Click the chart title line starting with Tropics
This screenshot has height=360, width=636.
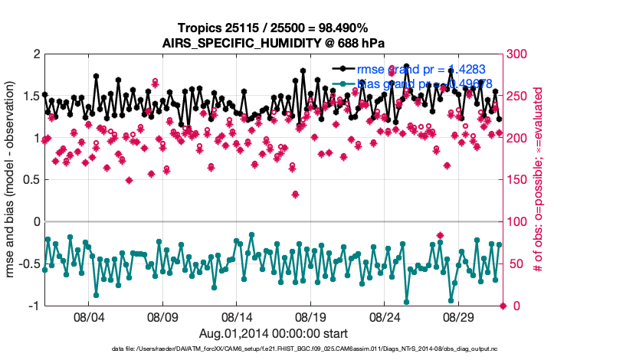(x=274, y=28)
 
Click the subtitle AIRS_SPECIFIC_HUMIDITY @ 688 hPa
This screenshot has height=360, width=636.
(x=274, y=43)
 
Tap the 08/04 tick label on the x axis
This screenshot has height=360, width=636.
(x=88, y=316)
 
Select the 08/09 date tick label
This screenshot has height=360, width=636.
(x=162, y=316)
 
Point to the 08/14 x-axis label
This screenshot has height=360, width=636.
(x=237, y=316)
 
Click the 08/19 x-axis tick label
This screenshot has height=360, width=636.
(x=311, y=316)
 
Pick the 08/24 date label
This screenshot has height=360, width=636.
(x=385, y=316)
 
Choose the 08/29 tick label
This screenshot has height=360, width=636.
(x=460, y=316)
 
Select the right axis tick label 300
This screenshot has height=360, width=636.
(x=519, y=54)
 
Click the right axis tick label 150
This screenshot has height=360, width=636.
(x=519, y=180)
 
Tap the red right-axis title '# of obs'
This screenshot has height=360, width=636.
(x=539, y=180)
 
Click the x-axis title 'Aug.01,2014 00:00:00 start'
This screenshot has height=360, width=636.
(x=274, y=333)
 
